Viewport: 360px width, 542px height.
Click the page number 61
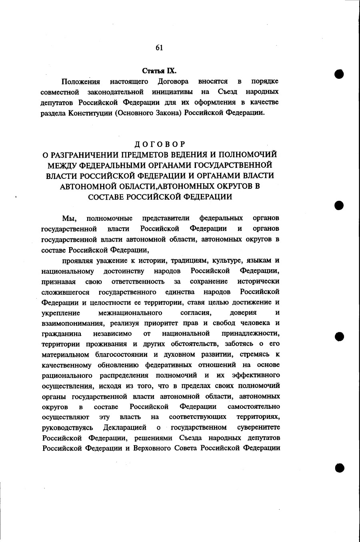(159, 48)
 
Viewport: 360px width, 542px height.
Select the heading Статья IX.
(160, 71)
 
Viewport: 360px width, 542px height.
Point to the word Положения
(81, 82)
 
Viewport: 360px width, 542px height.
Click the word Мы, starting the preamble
(68, 218)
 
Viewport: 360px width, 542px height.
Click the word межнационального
(130, 313)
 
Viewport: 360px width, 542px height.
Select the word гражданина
(62, 334)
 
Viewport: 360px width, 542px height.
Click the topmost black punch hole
(339, 74)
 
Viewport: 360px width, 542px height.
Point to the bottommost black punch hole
(340, 468)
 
